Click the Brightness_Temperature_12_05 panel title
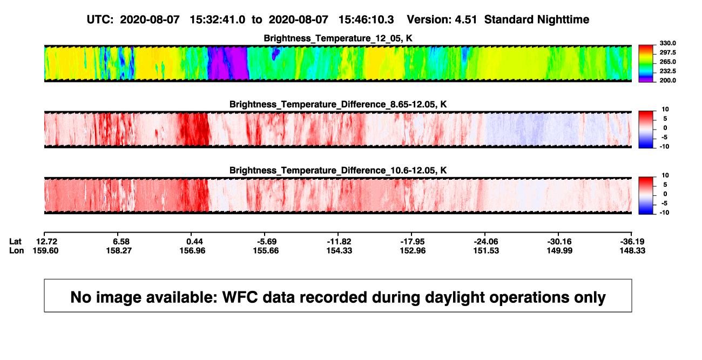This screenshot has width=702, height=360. coord(338,38)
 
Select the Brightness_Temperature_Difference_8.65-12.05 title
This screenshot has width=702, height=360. coord(338,104)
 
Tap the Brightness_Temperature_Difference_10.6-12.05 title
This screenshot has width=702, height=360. coord(338,171)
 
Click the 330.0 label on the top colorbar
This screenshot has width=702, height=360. coord(667,43)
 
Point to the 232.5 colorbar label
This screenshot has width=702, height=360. coord(667,71)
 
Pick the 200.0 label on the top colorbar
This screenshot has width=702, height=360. coord(667,80)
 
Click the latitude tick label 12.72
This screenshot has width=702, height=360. coord(46,242)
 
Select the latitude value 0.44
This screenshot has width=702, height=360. coord(194,242)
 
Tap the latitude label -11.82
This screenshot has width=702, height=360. coord(339,242)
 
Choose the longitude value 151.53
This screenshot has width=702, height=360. coord(486,250)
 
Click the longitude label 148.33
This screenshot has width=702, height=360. coord(632,250)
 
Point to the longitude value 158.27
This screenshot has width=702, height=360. coord(119,250)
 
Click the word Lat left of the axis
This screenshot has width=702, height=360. coord(15,242)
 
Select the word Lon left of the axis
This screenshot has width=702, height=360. coord(17,250)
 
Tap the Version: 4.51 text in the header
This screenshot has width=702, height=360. coord(442,20)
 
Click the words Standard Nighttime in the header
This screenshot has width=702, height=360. coord(537,20)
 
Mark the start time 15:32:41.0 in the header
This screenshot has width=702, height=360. coord(218,20)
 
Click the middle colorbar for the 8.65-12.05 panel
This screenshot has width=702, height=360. coord(646,130)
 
